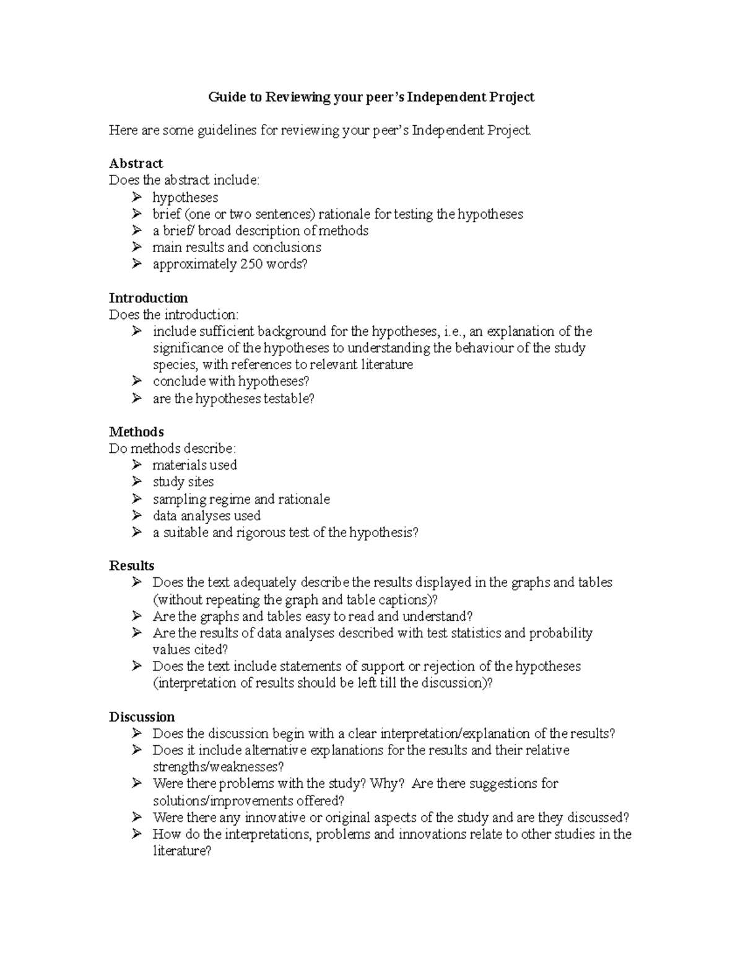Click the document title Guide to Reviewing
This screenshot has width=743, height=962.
pos(371,97)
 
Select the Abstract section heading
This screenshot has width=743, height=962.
pos(136,164)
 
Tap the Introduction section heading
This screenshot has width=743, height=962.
pos(148,298)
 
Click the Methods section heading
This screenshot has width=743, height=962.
pos(136,432)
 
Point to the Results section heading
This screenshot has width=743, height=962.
pos(131,566)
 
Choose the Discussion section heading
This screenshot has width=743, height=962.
pos(142,717)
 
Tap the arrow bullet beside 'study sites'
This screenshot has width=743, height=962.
pos(136,482)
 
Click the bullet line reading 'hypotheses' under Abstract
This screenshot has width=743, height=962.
pos(185,198)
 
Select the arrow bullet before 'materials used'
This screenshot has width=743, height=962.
pos(136,465)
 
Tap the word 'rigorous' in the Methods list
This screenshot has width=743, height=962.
pos(260,533)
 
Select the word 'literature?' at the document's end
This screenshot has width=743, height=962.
pos(182,851)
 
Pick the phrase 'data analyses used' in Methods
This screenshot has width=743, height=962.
pos(206,516)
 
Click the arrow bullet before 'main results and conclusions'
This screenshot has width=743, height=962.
pos(136,248)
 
